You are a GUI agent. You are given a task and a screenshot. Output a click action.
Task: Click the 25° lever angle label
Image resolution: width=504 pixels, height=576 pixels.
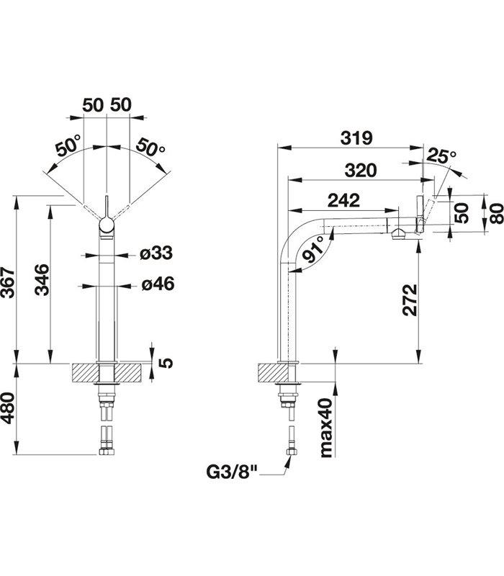click(441, 156)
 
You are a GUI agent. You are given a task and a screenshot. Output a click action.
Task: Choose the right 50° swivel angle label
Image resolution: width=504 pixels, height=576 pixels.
click(150, 148)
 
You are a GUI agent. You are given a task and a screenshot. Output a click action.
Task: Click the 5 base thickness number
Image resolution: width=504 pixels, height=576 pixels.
click(165, 361)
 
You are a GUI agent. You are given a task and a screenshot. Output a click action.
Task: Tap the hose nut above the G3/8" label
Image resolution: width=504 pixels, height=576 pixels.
click(291, 453)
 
